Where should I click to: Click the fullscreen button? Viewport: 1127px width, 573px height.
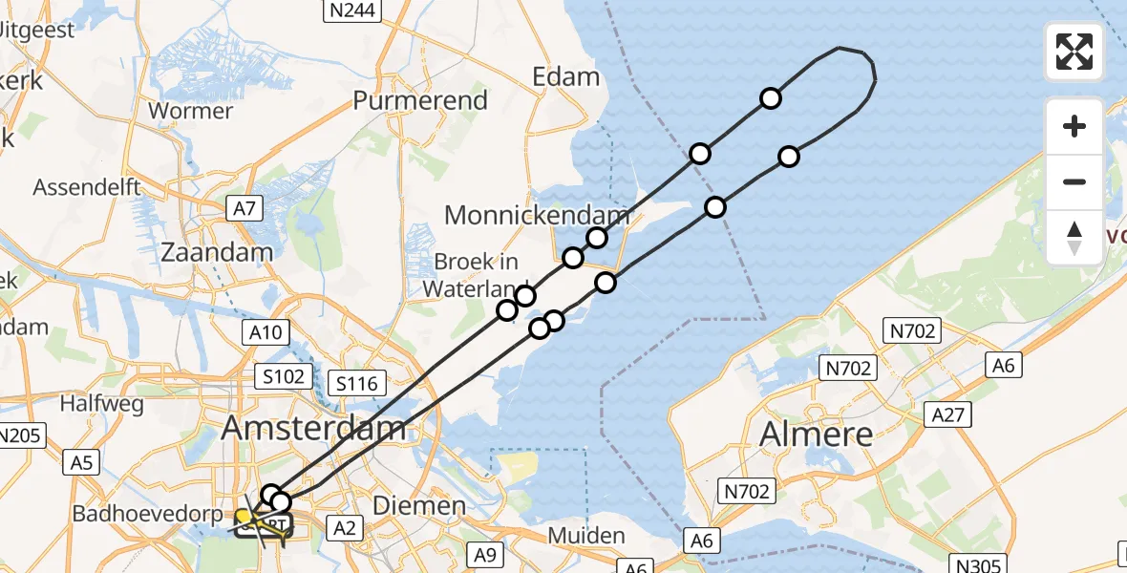pos(1074,52)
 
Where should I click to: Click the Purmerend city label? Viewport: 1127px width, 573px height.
pos(420,100)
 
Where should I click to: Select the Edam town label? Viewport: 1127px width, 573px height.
pos(566,77)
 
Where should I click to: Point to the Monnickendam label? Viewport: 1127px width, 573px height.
pos(537,215)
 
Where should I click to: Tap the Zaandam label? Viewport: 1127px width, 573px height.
pos(217,253)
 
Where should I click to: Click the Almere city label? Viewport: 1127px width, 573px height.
pos(817,435)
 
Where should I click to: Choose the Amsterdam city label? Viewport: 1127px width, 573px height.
pos(314,429)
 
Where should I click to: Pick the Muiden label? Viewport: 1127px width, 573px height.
pos(586,536)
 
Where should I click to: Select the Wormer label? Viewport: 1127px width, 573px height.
pos(191,111)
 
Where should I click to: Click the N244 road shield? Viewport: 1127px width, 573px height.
pos(352,11)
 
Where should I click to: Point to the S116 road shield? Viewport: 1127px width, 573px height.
pos(359,385)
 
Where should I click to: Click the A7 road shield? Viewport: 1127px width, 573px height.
pos(244,208)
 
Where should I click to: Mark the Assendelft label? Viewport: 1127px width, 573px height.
pos(88,187)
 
